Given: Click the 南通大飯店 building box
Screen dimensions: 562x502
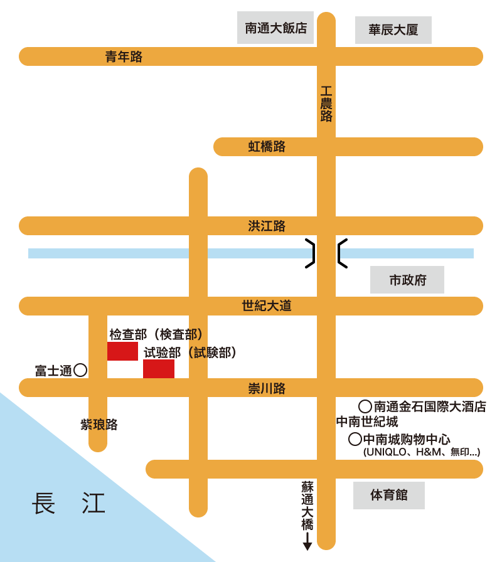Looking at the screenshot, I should (x=275, y=28).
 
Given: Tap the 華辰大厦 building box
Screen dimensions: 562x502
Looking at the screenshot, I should (x=393, y=30).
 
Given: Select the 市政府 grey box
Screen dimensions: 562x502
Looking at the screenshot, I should (x=407, y=280).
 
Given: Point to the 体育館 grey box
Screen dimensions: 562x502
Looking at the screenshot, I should (x=389, y=496).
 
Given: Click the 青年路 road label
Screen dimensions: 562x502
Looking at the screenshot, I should (x=124, y=57).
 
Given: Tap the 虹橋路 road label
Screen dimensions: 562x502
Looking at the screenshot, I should (x=267, y=147).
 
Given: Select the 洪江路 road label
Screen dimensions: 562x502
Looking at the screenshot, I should (x=267, y=226).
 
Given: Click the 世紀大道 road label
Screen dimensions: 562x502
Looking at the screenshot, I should (x=267, y=306).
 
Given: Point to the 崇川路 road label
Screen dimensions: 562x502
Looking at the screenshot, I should (x=267, y=388).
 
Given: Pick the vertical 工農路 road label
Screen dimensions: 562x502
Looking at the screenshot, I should (x=326, y=104).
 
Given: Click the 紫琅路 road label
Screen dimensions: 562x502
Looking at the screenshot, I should (x=99, y=425).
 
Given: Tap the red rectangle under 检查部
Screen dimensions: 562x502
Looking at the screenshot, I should (x=122, y=351).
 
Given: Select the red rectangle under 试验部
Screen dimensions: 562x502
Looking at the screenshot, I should (x=159, y=369).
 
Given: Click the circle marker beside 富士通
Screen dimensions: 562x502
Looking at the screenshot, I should (x=80, y=370).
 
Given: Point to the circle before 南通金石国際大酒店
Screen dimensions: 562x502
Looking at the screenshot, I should (x=365, y=406).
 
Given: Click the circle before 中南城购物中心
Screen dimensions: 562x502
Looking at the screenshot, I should (x=355, y=439).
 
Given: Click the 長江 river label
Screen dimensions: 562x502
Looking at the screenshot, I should (x=68, y=504).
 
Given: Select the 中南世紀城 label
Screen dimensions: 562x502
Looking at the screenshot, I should (x=367, y=422).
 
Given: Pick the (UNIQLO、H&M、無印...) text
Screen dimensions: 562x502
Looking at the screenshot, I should (x=422, y=452).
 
